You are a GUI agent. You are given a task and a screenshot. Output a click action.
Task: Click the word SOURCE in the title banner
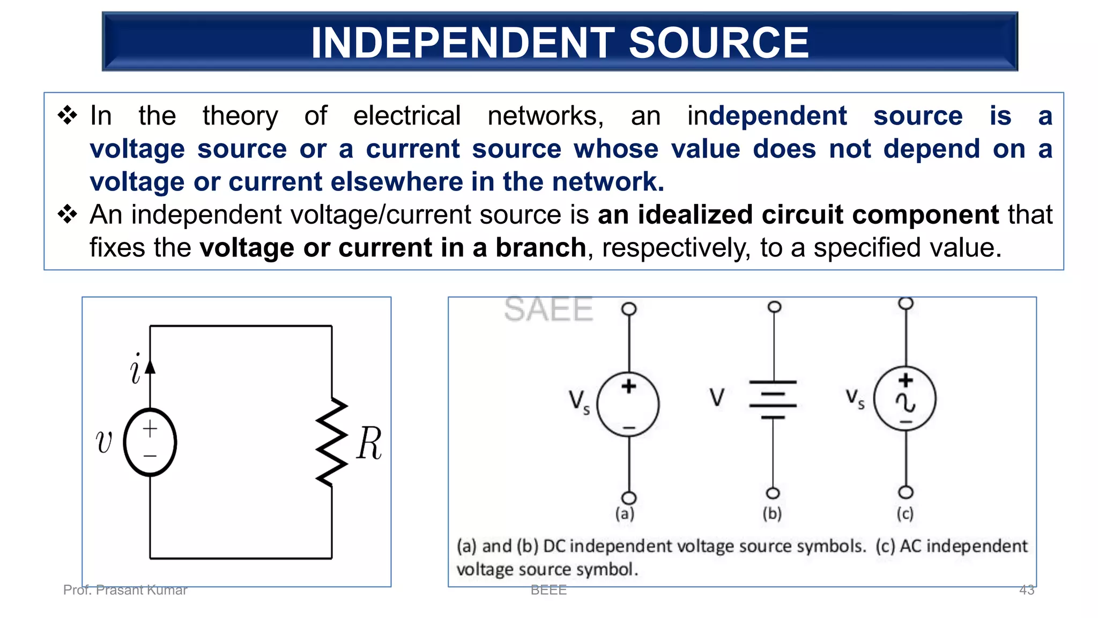[x=718, y=43]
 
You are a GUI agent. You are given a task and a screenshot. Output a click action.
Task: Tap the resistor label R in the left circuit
[x=369, y=443]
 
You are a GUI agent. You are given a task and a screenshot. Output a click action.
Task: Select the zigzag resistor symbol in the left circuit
[x=332, y=442]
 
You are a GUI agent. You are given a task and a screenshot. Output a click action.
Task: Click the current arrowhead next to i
[x=150, y=366]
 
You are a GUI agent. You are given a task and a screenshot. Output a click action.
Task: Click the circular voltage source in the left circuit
[x=150, y=442]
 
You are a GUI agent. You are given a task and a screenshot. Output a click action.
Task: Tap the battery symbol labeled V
[x=773, y=400]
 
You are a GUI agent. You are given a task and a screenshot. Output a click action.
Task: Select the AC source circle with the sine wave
[x=905, y=399]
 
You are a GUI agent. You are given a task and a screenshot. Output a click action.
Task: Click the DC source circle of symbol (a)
[x=628, y=404]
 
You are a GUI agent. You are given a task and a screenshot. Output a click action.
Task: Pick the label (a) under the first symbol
[x=625, y=513]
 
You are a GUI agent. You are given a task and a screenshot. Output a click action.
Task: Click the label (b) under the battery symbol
[x=772, y=513]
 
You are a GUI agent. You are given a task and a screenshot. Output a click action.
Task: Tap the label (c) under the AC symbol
[x=905, y=513]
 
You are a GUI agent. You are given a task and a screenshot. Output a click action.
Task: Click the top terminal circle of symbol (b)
[x=774, y=307]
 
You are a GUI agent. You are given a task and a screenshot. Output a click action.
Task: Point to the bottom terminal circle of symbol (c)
[x=906, y=492]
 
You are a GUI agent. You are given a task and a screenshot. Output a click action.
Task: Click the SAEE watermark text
[x=548, y=310]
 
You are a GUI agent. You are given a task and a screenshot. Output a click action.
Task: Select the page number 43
[x=1026, y=590]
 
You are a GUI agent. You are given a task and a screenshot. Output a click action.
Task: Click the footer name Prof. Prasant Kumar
[x=125, y=590]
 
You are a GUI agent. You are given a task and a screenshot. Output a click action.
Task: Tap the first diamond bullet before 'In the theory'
[x=68, y=115]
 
